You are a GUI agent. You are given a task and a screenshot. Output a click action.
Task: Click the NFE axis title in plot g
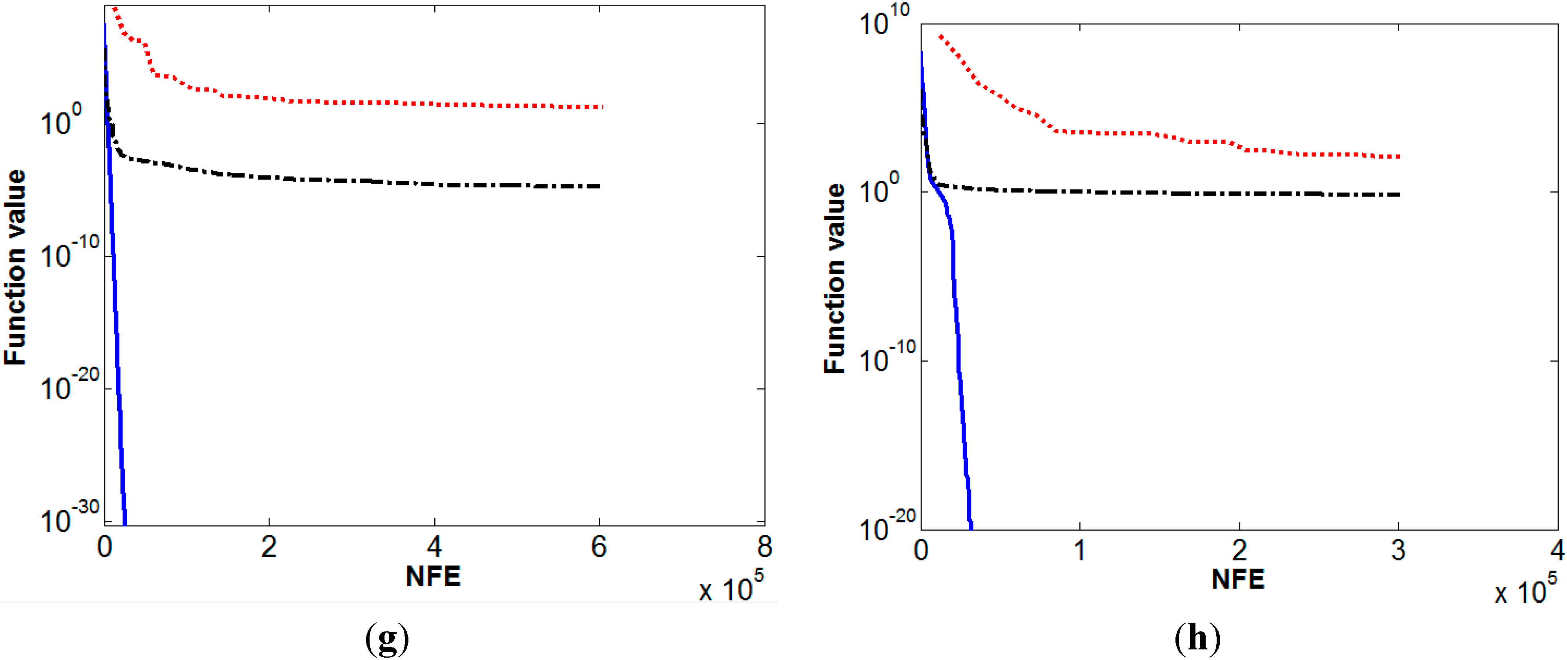[433, 576]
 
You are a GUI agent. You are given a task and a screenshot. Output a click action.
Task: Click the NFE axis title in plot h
[1238, 579]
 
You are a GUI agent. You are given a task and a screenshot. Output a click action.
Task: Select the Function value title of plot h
[835, 278]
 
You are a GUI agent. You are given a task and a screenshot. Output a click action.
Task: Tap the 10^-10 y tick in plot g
[69, 253]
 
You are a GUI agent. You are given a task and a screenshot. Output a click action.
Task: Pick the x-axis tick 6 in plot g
[599, 547]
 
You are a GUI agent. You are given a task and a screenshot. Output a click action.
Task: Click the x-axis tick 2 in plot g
[269, 547]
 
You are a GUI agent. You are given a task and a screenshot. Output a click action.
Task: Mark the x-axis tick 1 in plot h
[1080, 551]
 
